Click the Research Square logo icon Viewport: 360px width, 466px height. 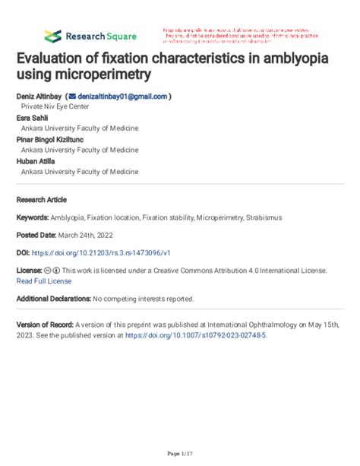point(52,36)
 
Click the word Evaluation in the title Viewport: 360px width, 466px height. point(54,59)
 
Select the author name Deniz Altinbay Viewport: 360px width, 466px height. point(39,97)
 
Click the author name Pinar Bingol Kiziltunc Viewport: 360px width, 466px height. point(51,139)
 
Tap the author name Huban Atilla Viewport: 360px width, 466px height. point(36,161)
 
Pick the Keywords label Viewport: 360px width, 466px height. point(33,217)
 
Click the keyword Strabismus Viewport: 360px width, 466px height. point(264,217)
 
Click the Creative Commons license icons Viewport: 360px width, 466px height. point(52,271)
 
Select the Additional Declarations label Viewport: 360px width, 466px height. point(53,298)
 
